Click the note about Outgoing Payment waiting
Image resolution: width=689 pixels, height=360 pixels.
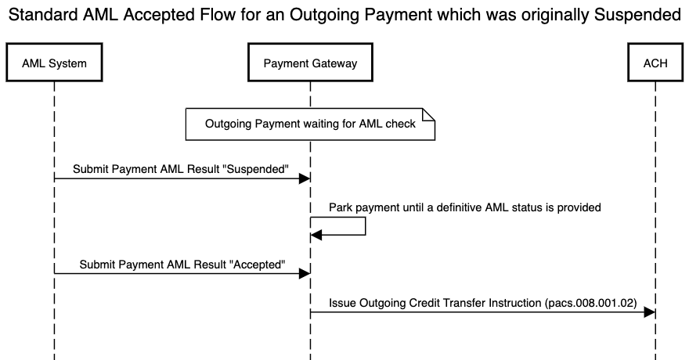(x=310, y=124)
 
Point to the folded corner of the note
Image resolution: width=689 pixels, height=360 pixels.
(x=429, y=114)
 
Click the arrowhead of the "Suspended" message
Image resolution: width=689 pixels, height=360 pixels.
(x=305, y=179)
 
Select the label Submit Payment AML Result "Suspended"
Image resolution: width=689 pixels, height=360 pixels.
(x=181, y=169)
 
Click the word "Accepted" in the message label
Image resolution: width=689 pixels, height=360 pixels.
(x=257, y=265)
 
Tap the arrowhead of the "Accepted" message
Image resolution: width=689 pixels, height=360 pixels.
(x=305, y=274)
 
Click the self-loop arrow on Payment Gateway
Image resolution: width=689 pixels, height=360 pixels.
(x=365, y=226)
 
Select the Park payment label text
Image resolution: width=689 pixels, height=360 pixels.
(x=464, y=207)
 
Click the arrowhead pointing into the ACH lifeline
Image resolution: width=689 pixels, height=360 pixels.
(x=650, y=312)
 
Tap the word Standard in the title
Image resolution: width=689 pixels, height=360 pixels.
(x=44, y=15)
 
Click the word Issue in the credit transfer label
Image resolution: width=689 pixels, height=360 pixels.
(x=343, y=303)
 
